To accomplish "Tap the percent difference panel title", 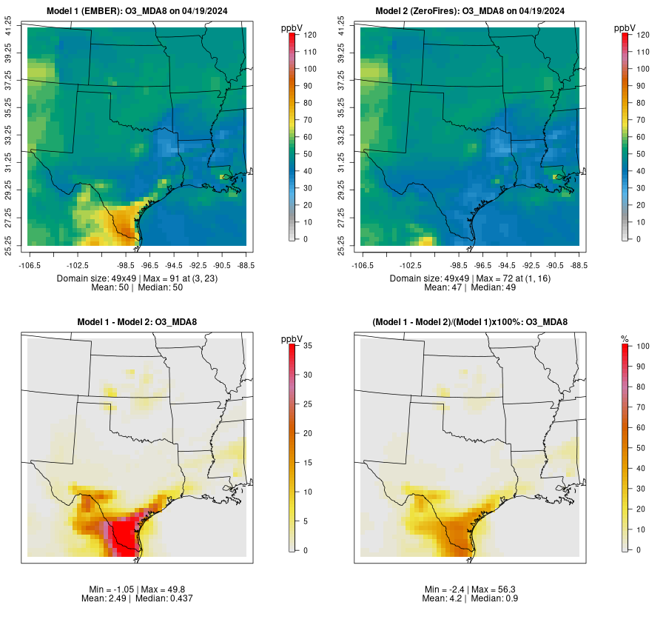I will pyautogui.click(x=470, y=322).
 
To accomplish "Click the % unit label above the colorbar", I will pyautogui.click(x=625, y=339).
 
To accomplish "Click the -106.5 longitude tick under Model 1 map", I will pyautogui.click(x=29, y=264).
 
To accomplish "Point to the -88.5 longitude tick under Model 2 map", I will pyautogui.click(x=579, y=264).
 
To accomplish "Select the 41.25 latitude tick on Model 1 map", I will pyautogui.click(x=9, y=27).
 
